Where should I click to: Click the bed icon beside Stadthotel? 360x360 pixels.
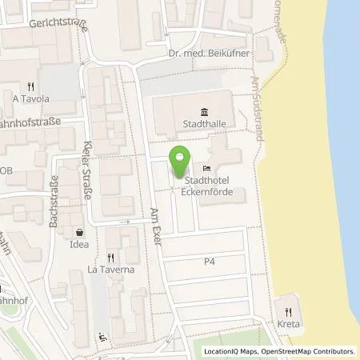click(208, 169)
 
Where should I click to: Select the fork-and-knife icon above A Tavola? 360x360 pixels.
click(30, 86)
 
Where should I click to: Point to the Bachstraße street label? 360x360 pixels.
click(54, 201)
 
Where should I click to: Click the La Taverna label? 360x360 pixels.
click(110, 270)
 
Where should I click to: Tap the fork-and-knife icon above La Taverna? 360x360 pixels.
click(110, 258)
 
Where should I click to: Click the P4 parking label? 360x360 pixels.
click(210, 261)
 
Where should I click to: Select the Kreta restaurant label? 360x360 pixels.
click(289, 326)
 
